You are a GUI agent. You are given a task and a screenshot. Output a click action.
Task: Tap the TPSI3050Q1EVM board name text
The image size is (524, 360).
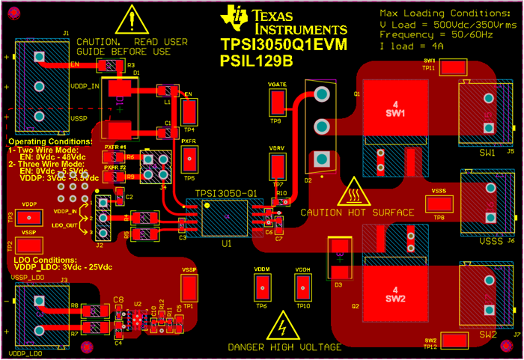(284, 46)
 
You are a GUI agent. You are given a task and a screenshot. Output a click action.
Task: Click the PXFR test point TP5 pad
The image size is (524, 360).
(189, 159)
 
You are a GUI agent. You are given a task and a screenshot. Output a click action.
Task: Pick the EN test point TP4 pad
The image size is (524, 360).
(189, 112)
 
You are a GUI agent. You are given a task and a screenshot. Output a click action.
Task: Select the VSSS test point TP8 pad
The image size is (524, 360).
(439, 203)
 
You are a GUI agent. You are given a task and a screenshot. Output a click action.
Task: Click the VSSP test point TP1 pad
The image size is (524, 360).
(189, 287)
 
